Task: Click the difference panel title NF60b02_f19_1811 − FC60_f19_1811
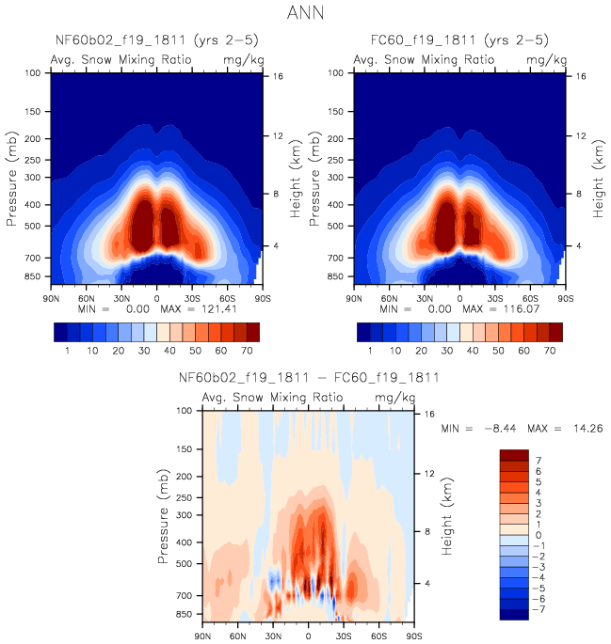tap(308, 379)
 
